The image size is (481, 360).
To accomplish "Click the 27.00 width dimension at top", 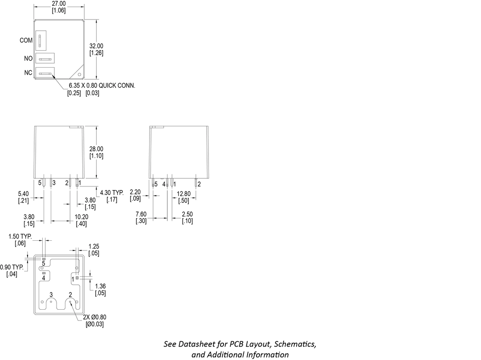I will [x=59, y=4].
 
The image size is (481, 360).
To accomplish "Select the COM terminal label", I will [x=26, y=40].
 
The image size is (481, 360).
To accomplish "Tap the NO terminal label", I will [x=28, y=58].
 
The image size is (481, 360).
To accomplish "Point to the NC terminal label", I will [x=28, y=73].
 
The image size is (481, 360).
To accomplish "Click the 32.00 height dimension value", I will [x=96, y=46].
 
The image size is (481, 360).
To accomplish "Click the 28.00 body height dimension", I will [x=96, y=149].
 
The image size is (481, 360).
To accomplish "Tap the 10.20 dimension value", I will [x=81, y=217].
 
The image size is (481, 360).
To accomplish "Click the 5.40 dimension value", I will [x=24, y=194].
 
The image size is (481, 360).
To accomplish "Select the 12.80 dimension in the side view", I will [x=183, y=194].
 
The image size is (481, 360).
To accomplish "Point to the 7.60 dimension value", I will [x=142, y=214].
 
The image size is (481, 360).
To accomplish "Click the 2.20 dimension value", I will [x=135, y=192].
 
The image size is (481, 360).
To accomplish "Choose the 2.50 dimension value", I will [x=188, y=214].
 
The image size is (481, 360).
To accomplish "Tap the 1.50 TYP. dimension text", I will [x=20, y=236].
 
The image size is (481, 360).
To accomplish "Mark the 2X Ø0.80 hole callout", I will [x=94, y=317].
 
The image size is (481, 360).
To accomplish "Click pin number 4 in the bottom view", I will [x=44, y=278].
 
